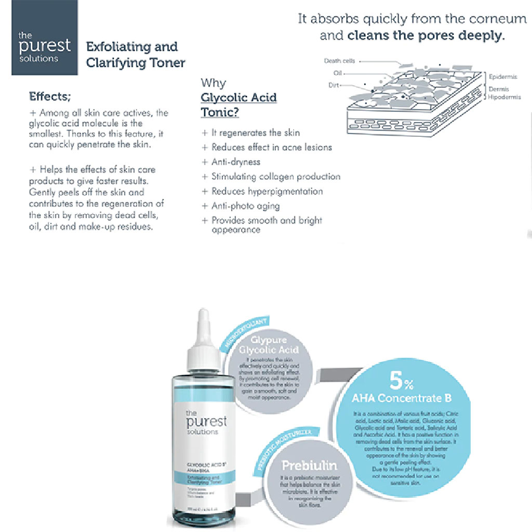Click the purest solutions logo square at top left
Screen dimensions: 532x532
pos(45,37)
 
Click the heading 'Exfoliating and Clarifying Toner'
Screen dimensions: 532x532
pos(135,55)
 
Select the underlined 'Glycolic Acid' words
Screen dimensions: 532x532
pos(238,98)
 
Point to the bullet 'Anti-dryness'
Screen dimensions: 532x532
pos(235,162)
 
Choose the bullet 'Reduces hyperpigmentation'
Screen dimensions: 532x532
pos(267,191)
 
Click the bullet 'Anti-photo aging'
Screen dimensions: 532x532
pos(245,206)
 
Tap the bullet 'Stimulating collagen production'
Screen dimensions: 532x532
pos(275,177)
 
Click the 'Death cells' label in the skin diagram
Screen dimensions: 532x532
pos(339,61)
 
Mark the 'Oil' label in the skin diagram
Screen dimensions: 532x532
pos(337,73)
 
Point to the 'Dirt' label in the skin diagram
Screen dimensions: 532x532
pos(334,85)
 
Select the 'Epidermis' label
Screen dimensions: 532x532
pos(503,77)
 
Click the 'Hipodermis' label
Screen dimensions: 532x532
pos(504,97)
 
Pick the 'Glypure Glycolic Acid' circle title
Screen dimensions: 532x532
pos(269,345)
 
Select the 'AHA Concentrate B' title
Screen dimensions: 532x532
pos(402,398)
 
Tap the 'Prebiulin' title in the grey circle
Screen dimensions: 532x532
pos(309,465)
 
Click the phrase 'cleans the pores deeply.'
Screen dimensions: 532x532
pos(426,36)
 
